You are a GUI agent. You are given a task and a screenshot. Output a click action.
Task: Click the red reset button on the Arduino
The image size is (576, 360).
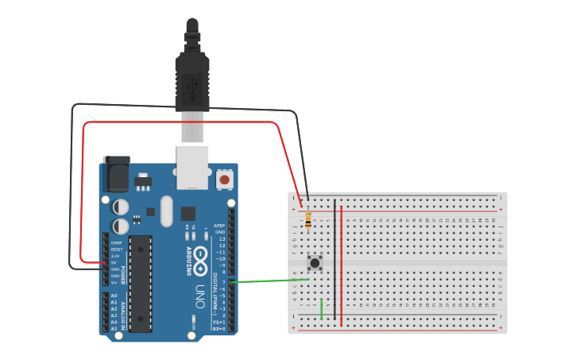click(225, 180)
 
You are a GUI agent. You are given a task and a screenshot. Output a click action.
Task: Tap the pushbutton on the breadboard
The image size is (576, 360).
click(315, 261)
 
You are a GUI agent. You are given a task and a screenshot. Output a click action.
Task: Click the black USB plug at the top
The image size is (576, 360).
click(191, 79)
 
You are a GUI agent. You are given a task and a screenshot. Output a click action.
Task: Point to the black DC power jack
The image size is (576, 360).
click(117, 174)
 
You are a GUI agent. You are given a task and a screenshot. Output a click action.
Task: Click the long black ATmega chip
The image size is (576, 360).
click(140, 283)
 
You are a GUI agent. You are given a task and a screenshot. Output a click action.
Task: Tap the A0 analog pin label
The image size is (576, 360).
click(114, 296)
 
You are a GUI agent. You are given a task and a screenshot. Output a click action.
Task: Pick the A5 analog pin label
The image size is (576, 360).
click(114, 328)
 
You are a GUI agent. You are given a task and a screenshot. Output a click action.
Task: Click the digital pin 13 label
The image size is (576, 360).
click(222, 238)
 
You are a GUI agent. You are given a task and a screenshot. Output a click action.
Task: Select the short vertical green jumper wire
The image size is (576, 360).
click(322, 308)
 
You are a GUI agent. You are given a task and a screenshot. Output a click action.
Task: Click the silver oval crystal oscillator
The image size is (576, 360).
click(166, 211)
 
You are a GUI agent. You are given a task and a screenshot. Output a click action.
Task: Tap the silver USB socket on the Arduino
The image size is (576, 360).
click(192, 167)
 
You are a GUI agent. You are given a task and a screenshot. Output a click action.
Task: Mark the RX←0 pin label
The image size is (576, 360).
click(220, 328)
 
